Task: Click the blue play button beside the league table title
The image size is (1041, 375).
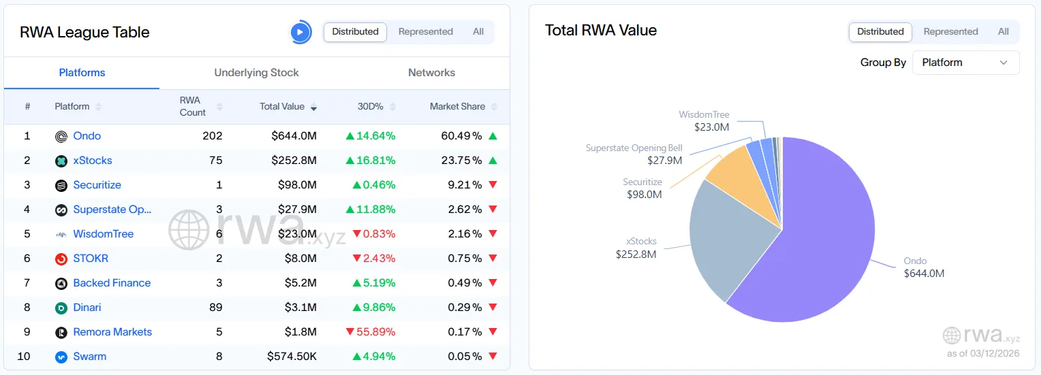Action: click(300, 32)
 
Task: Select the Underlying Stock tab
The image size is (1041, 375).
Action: click(256, 73)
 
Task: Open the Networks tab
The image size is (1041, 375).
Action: click(431, 73)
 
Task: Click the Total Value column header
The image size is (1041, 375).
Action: click(282, 107)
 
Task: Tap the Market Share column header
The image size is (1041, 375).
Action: click(457, 107)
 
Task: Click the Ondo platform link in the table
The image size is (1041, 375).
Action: click(87, 136)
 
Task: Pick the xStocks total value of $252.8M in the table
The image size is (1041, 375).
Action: click(294, 161)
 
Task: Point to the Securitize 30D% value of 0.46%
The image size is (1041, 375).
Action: click(374, 185)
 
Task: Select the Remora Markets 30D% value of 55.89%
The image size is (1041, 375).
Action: click(371, 332)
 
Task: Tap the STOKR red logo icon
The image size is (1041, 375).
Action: click(61, 259)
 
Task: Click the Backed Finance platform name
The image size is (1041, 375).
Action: click(112, 283)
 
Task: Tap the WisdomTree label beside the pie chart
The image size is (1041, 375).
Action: click(704, 115)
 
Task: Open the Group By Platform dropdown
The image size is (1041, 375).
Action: click(965, 63)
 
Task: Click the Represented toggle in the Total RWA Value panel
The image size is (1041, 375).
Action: click(950, 32)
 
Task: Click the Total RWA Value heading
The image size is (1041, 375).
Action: click(601, 31)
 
